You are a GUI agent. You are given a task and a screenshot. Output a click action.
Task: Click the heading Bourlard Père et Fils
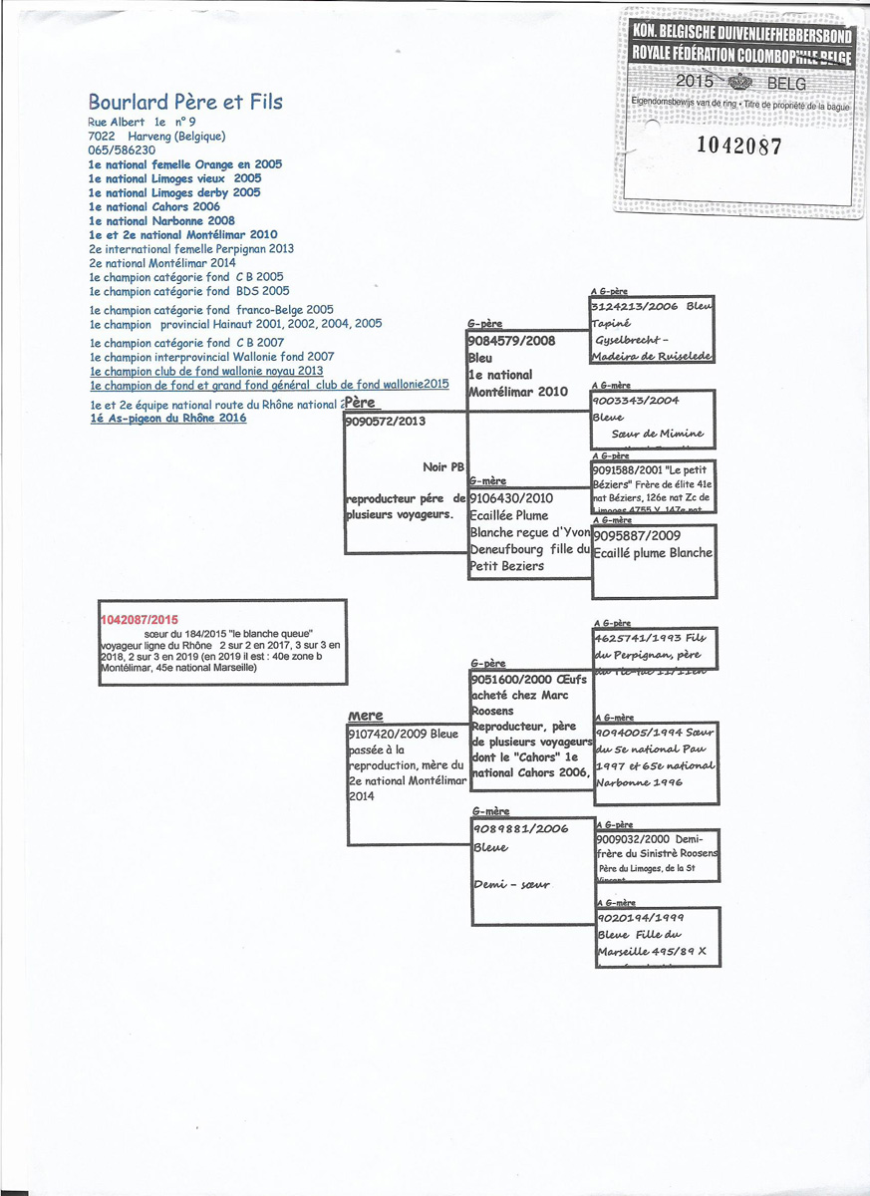[x=185, y=102]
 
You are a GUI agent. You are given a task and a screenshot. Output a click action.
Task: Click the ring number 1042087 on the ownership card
[x=738, y=146]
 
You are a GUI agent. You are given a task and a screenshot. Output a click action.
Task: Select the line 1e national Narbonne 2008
[x=161, y=220]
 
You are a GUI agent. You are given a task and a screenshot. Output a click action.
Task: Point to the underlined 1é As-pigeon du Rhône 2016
[x=168, y=419]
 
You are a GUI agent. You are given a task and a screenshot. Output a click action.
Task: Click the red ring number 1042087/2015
[x=141, y=619]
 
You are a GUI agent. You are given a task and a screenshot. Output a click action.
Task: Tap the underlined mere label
[x=366, y=717]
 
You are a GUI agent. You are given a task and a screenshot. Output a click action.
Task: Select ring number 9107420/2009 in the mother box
[x=389, y=735]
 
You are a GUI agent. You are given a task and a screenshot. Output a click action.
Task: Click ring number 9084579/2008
[x=511, y=341]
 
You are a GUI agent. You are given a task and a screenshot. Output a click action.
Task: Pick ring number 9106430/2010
[x=511, y=497]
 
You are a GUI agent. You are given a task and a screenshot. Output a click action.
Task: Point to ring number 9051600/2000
[x=511, y=679]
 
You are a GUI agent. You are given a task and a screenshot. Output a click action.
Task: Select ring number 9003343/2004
[x=636, y=402]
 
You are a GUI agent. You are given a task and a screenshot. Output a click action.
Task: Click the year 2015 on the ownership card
[x=694, y=81]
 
